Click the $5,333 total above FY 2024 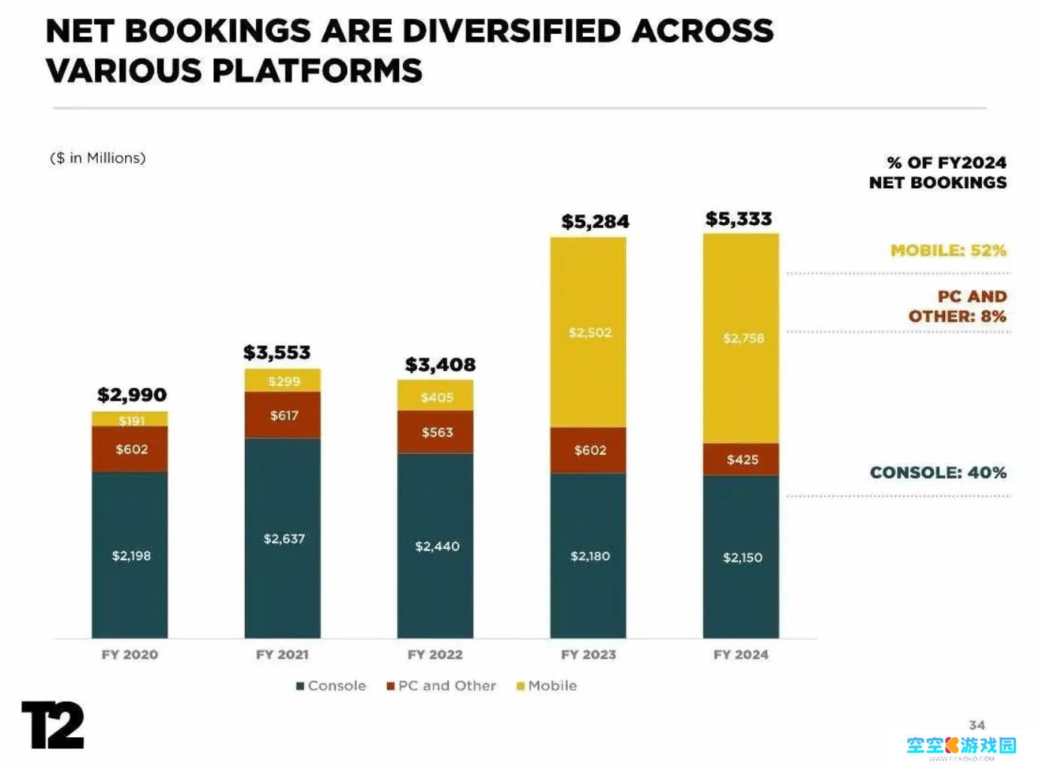(738, 219)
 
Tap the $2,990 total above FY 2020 (132, 395)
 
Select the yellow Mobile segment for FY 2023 (588, 332)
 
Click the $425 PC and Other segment (742, 459)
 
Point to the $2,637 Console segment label (284, 538)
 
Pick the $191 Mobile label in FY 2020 (131, 420)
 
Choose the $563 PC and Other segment (437, 432)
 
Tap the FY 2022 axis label (435, 654)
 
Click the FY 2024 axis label (741, 654)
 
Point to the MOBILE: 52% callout (948, 250)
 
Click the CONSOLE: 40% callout (938, 472)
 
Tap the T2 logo (53, 724)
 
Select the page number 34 (977, 725)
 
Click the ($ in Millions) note (97, 158)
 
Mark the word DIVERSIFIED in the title (511, 31)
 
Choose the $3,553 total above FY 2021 (276, 352)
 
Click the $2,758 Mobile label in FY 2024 (743, 338)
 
